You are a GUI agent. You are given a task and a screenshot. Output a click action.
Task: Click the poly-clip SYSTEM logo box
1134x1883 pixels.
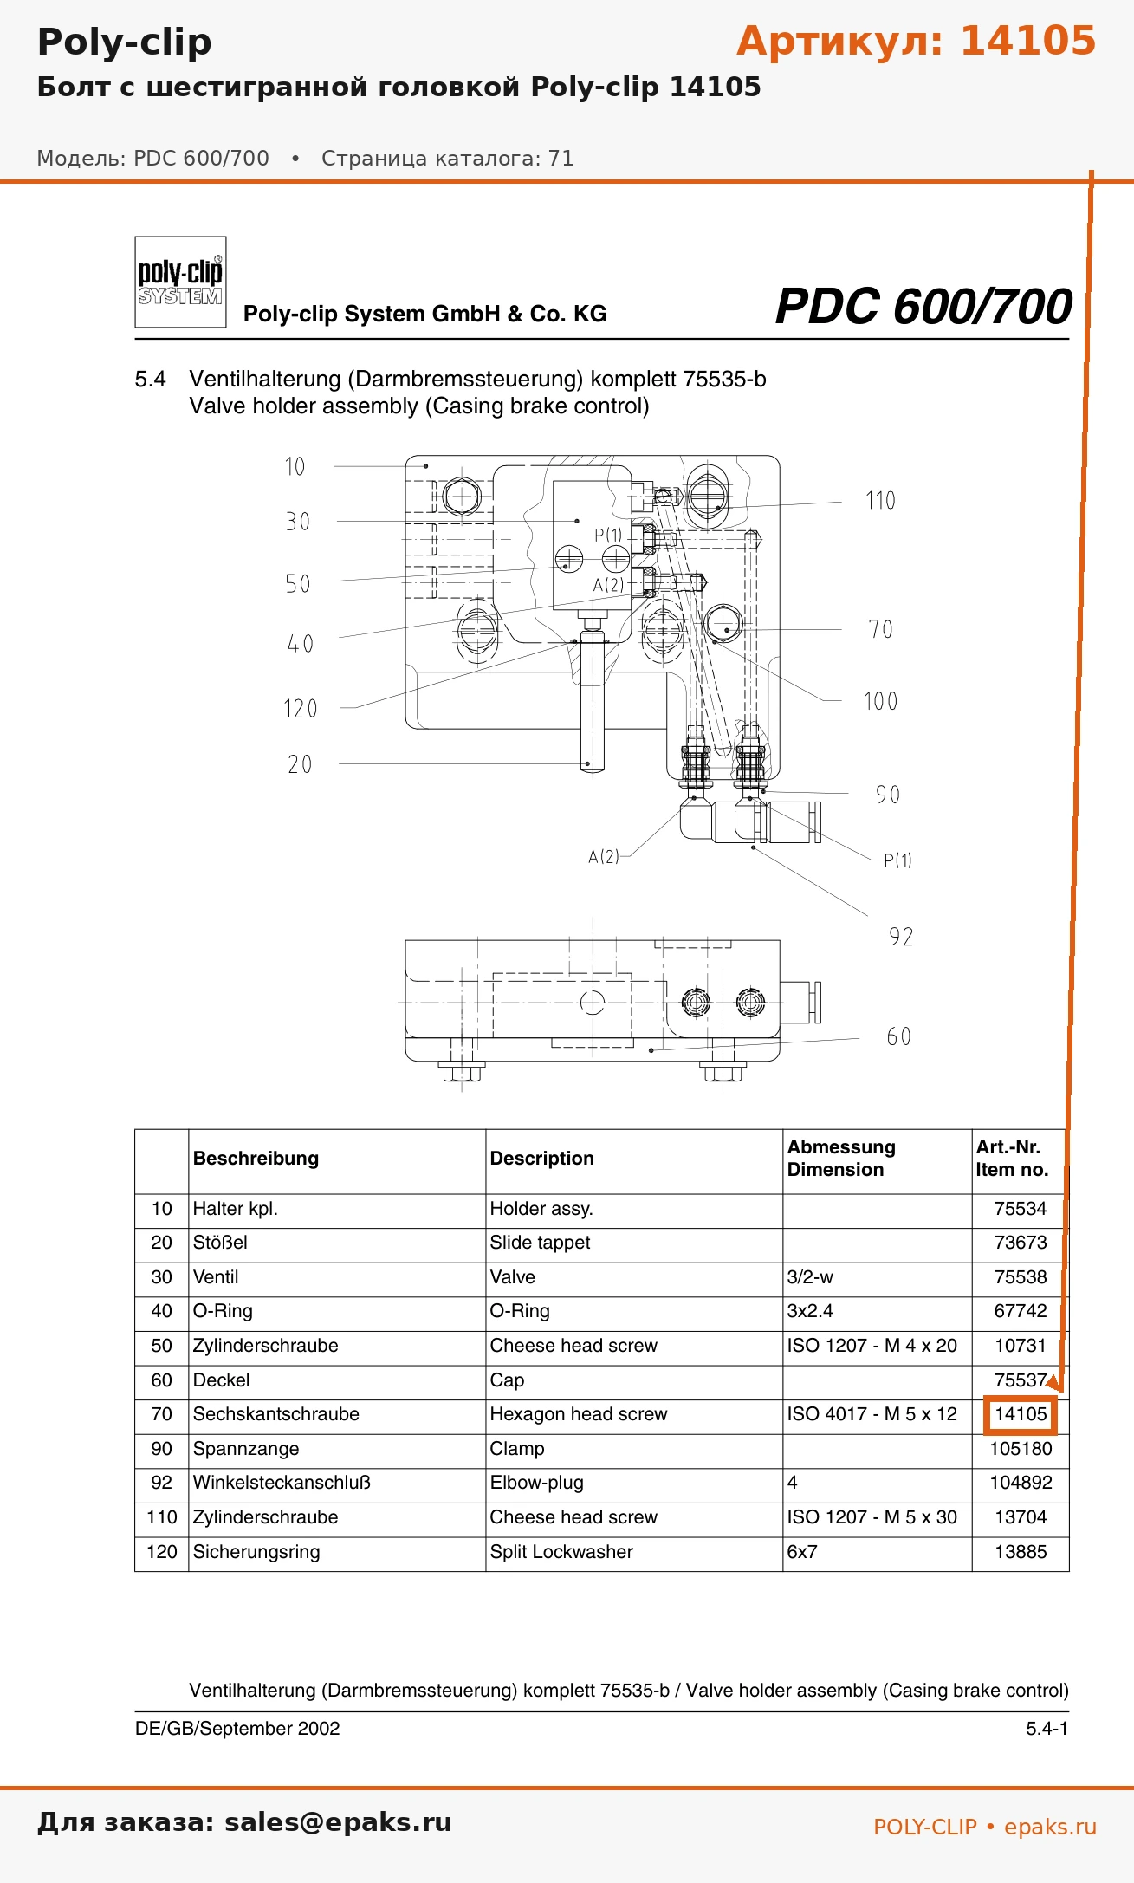180,282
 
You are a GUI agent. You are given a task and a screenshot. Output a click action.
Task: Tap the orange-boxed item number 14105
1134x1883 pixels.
1021,1414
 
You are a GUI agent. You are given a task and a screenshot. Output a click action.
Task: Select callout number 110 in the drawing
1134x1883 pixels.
880,501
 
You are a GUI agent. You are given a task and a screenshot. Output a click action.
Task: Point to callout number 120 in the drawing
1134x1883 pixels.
301,709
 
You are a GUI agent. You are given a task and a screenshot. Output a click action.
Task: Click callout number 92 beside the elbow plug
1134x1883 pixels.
901,937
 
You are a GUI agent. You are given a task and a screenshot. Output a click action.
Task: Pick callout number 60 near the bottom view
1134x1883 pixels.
899,1036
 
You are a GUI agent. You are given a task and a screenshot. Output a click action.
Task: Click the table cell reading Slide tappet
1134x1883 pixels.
540,1243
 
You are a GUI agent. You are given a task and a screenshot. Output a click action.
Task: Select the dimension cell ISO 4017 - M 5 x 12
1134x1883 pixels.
872,1414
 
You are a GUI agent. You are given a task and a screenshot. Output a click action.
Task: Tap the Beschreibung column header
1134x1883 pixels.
256,1159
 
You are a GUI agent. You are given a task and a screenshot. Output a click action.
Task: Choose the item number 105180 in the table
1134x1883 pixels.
1021,1449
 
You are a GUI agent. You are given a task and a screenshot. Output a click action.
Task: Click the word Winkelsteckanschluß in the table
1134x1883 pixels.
282,1483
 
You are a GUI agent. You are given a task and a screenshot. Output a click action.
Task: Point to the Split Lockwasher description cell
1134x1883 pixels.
561,1552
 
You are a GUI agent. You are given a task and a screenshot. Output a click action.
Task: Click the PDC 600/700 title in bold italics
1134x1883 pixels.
923,307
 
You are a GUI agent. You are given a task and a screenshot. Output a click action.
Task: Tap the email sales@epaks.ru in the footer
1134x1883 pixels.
338,1822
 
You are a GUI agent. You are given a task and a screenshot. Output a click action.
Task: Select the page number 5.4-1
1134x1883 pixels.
1047,1729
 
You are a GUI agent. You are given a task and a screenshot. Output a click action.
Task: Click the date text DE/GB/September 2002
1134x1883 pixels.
237,1729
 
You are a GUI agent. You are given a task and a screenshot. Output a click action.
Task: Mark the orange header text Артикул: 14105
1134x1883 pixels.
917,41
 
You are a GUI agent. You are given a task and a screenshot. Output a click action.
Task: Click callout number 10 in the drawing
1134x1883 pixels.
295,467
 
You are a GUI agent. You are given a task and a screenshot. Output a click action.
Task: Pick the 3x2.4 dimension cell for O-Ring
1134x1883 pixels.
810,1311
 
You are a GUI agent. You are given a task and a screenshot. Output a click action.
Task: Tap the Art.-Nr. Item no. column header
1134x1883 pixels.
1012,1159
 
